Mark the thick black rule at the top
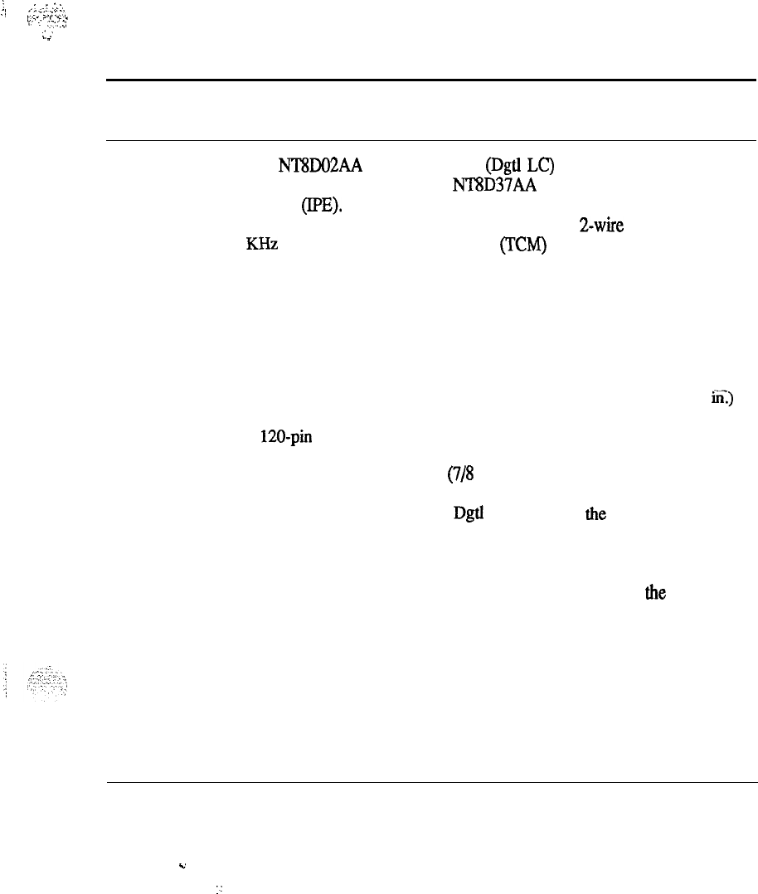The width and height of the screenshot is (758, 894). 431,79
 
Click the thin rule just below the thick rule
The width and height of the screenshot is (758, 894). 431,141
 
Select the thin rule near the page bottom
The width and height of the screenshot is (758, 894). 431,781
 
